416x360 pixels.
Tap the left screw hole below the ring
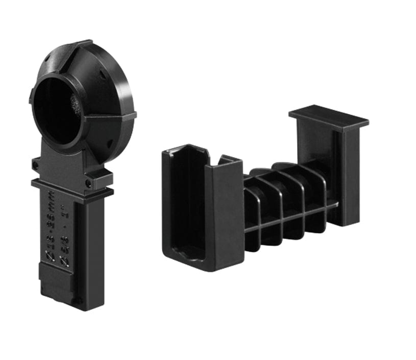click(35, 165)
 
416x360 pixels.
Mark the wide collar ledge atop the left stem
click(71, 187)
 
